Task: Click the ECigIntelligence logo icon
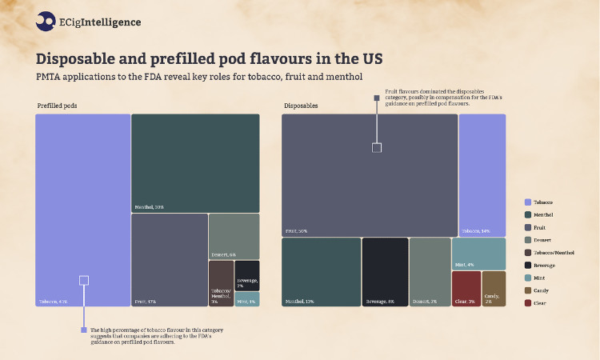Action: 45,22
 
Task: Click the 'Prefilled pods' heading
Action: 57,106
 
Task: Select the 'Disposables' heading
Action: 301,106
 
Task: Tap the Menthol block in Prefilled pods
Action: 195,162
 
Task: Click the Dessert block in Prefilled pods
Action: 234,235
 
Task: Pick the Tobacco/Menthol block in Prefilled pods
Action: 221,282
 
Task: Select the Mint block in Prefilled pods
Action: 247,299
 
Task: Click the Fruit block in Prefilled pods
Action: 169,259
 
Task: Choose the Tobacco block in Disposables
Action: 482,174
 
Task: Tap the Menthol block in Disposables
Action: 321,272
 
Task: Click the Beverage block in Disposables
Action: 385,272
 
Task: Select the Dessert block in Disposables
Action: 430,272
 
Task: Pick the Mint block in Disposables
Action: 478,253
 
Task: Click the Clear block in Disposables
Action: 466,289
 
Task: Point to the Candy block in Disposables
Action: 494,289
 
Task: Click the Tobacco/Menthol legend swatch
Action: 528,253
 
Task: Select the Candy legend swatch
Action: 528,290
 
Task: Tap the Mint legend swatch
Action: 528,278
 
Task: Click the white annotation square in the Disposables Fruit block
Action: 377,147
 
